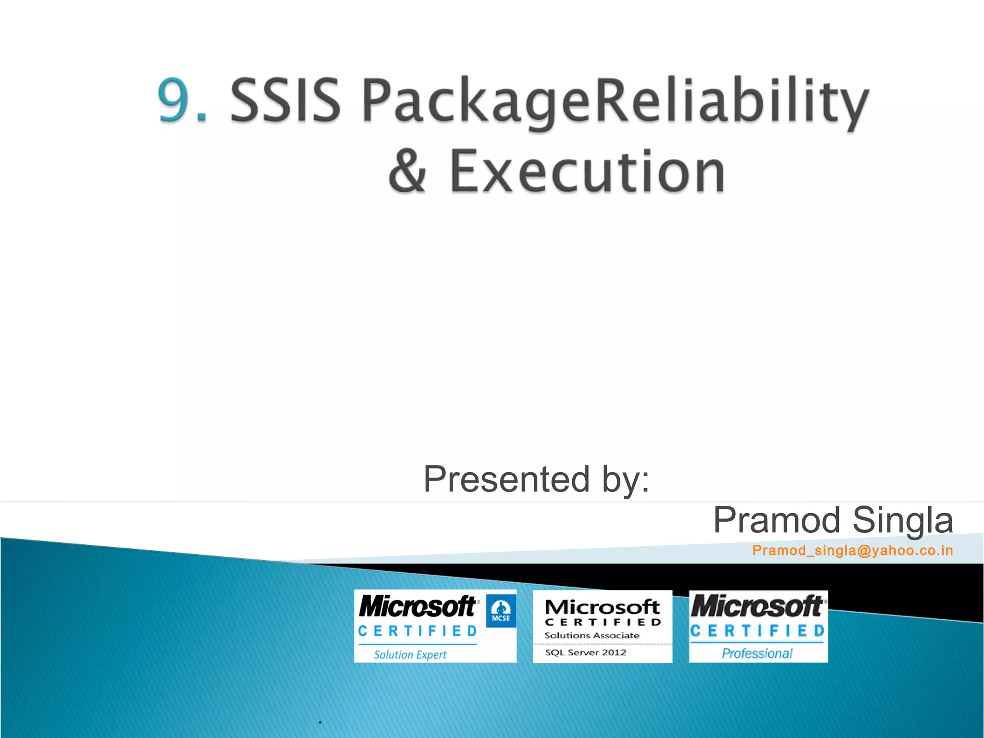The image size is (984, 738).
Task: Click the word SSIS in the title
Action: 285,100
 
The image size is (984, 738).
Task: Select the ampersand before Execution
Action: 407,171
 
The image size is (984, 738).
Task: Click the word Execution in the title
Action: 587,172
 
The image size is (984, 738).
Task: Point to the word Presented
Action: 506,479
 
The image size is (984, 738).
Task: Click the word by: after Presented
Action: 626,480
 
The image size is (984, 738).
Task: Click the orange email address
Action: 852,550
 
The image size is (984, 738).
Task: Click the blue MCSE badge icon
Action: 501,611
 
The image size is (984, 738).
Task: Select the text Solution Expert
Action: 410,654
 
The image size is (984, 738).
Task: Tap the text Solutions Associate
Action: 591,635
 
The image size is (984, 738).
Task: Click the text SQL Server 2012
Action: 585,652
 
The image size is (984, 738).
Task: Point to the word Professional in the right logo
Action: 757,653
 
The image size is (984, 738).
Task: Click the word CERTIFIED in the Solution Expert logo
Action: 418,631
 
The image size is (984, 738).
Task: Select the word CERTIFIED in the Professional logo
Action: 758,630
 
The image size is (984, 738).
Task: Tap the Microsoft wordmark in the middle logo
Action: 602,607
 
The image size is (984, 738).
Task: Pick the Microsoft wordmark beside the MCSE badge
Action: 417,606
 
